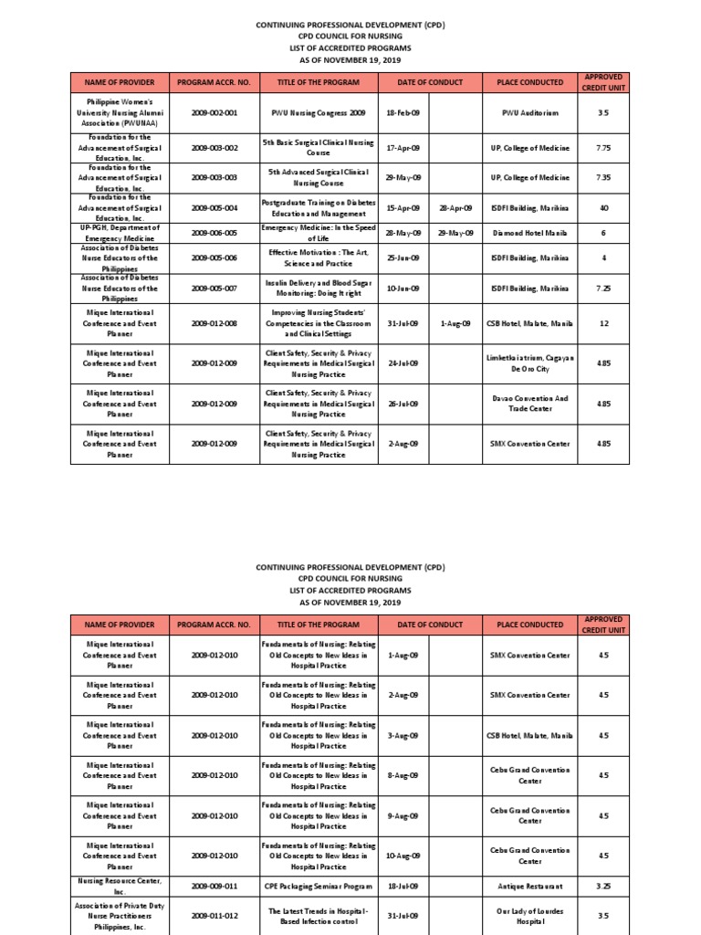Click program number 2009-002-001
[x=214, y=112]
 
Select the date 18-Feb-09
[x=403, y=112]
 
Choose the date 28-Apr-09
[x=455, y=207]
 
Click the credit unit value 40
[x=602, y=207]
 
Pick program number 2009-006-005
[x=214, y=233]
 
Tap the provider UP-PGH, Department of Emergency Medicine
[x=120, y=233]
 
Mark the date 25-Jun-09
[x=403, y=257]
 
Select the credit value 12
[x=602, y=323]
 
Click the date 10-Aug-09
[x=403, y=856]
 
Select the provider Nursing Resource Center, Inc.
[x=120, y=886]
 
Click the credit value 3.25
[x=602, y=886]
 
